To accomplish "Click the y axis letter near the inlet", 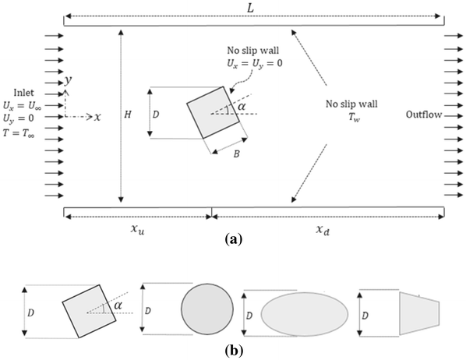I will click(x=69, y=80).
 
